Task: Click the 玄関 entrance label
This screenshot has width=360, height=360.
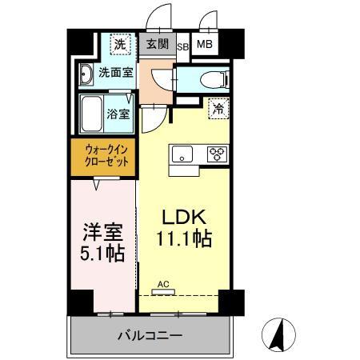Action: click(x=157, y=45)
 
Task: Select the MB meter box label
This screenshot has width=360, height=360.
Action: click(x=204, y=45)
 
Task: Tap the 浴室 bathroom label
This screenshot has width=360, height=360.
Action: click(x=119, y=114)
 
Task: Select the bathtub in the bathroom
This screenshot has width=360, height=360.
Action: click(x=93, y=114)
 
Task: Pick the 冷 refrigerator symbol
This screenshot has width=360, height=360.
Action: click(x=217, y=110)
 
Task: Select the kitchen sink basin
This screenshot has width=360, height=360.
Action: click(x=182, y=154)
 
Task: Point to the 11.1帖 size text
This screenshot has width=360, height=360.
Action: click(x=185, y=238)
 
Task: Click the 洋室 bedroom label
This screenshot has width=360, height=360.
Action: click(x=102, y=232)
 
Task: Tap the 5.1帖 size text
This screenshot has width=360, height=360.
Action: click(x=102, y=254)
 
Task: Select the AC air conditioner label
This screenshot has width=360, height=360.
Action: click(x=163, y=284)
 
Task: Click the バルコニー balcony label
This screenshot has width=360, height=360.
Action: click(x=150, y=334)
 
